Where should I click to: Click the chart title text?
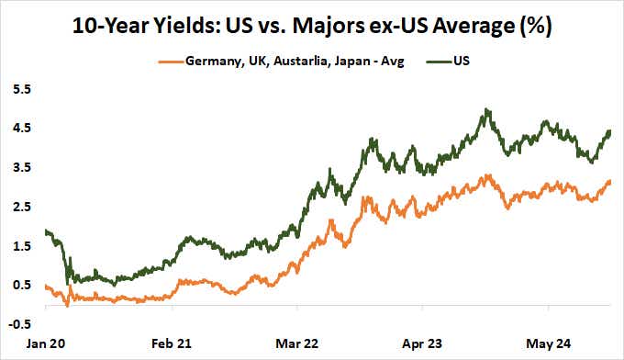pyautogui.click(x=311, y=26)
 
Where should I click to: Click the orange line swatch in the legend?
pyautogui.click(x=175, y=62)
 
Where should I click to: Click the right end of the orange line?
pyautogui.click(x=609, y=182)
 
